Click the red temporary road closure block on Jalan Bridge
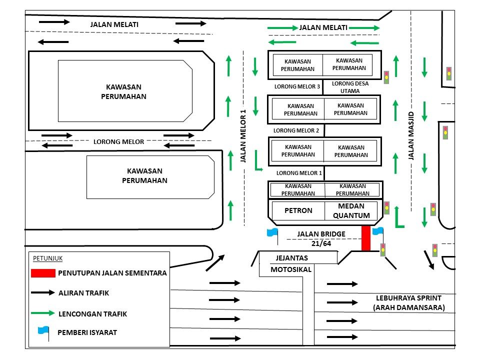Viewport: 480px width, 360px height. point(366,238)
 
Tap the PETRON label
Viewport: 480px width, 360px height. point(298,210)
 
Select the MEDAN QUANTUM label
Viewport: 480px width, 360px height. point(350,210)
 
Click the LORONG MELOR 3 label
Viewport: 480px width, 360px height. point(297,86)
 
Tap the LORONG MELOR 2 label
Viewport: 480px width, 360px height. point(296,130)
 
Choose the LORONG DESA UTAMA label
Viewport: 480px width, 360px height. point(350,87)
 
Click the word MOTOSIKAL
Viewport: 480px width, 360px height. point(291,269)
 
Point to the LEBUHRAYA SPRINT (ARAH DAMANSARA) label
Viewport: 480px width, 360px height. point(408,302)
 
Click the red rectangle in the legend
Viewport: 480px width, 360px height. point(43,273)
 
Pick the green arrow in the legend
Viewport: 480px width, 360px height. point(43,313)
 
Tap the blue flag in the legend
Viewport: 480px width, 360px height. point(43,331)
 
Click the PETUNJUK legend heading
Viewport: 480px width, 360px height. point(48,258)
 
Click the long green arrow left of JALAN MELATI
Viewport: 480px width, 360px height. point(282,28)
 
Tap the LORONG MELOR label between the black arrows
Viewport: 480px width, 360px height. point(118,141)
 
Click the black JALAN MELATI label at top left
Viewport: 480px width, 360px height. point(114,24)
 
